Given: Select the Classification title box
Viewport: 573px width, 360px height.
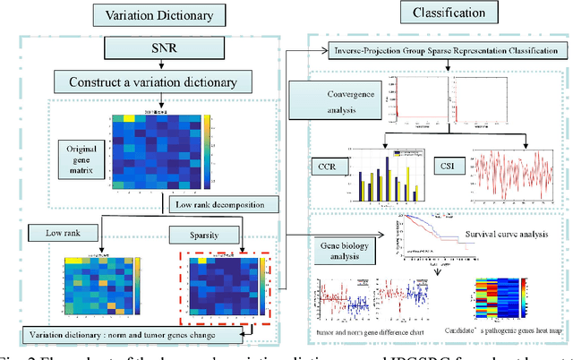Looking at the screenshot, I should [x=430, y=13].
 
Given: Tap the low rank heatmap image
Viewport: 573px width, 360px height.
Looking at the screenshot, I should [x=92, y=287].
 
